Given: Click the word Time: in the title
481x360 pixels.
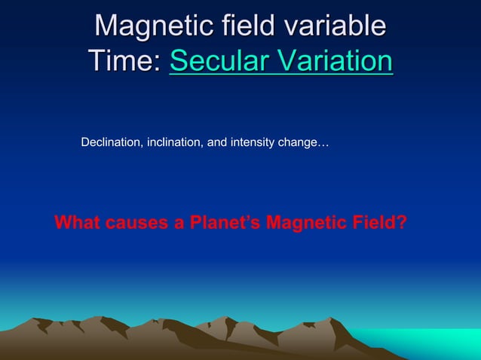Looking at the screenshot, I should point(125,60).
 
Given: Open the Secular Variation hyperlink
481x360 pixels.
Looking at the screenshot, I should point(280,60).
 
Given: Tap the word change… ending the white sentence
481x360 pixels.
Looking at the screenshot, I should point(304,142).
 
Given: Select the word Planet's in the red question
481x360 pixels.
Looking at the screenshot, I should point(219,224).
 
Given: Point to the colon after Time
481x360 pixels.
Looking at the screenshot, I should point(158,62).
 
